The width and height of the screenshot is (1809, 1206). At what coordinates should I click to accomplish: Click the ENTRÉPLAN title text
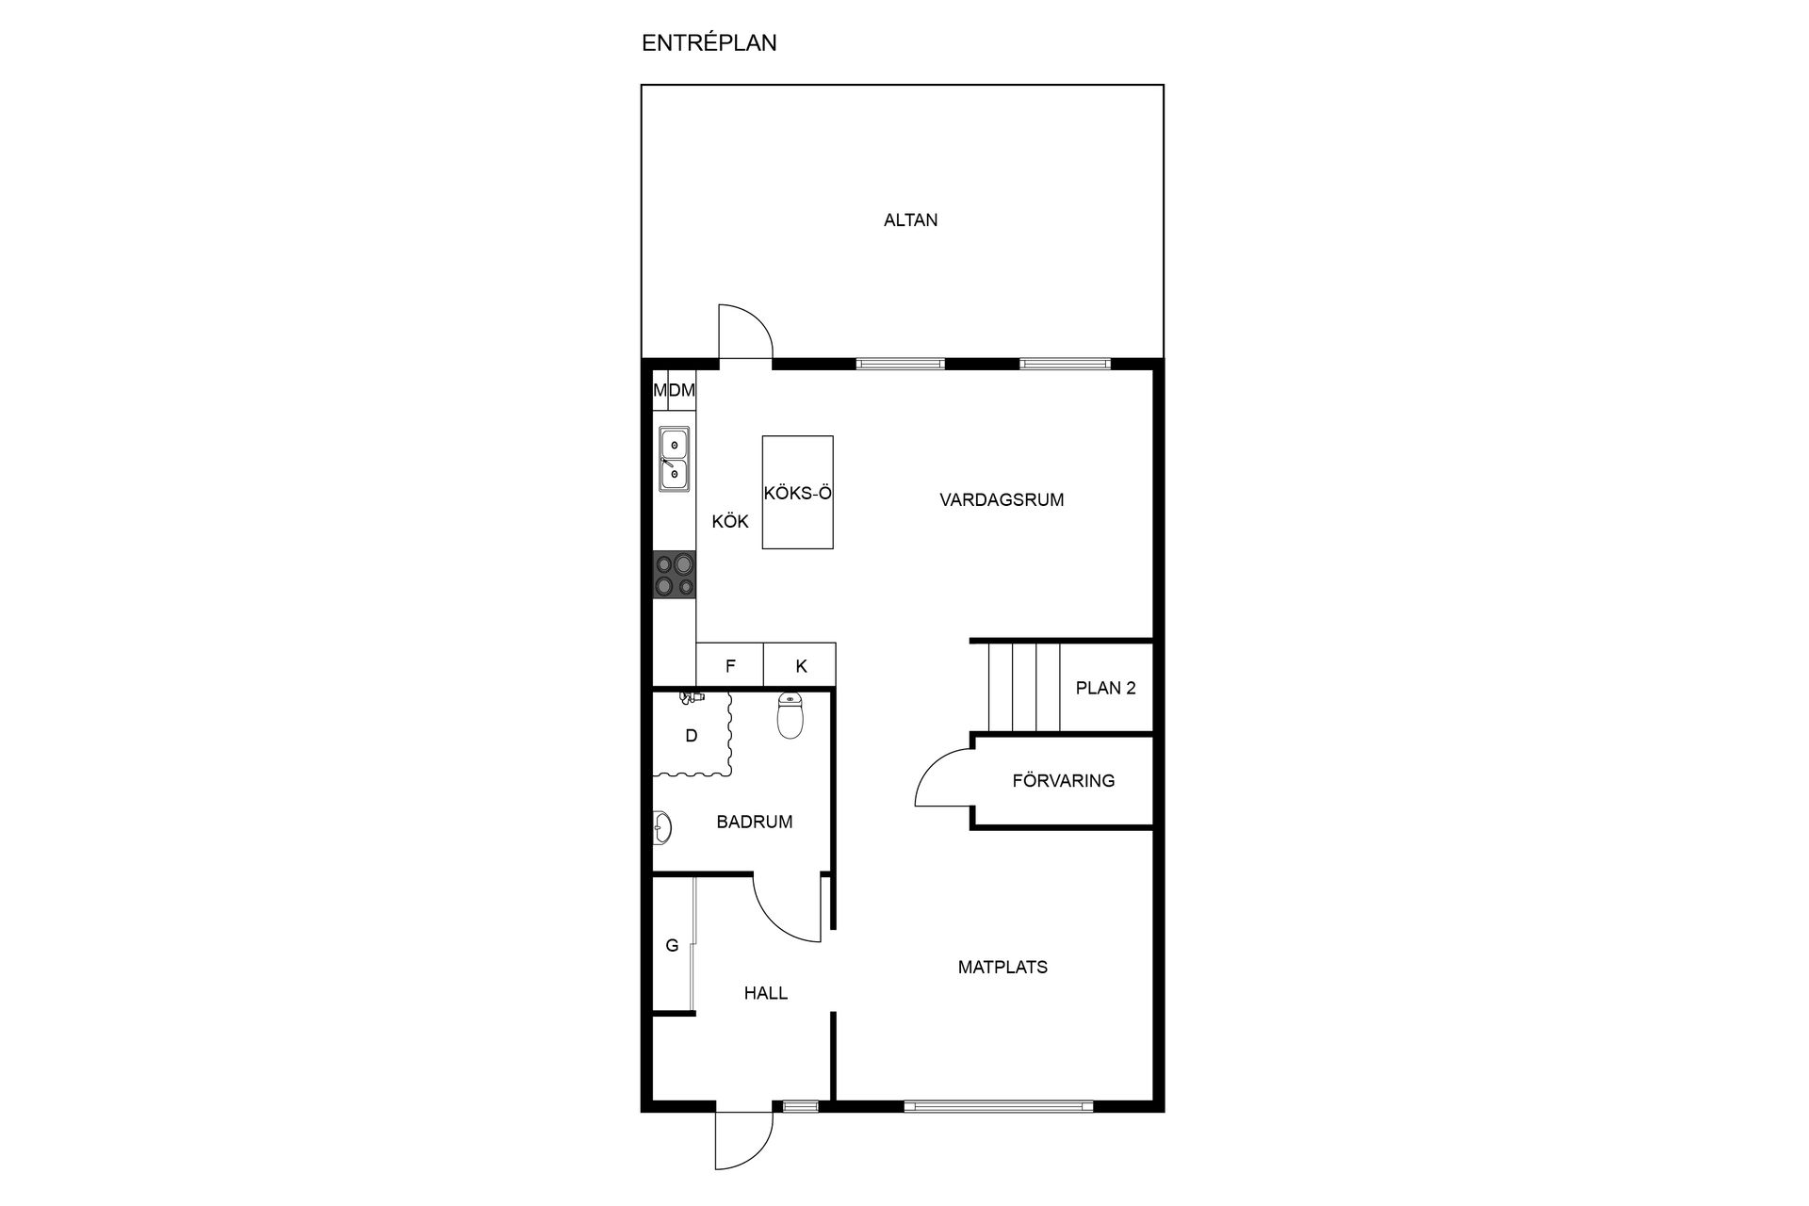coord(709,43)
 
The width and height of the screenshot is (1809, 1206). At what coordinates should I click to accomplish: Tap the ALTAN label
coord(910,220)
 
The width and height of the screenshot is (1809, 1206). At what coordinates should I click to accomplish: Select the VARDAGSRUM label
coord(1002,500)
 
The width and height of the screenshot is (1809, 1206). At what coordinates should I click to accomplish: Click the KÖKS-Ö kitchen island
coord(797,492)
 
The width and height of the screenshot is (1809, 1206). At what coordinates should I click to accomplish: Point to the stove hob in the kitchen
coord(675,575)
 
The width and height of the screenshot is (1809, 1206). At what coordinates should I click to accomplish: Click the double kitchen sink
coord(673,459)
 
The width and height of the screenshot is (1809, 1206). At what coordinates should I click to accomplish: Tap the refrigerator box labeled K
coord(800,665)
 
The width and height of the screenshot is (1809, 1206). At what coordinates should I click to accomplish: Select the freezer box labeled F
coord(730,665)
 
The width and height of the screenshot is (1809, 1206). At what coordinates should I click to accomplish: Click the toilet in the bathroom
coord(790,715)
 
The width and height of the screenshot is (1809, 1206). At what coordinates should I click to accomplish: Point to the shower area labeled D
coord(692,736)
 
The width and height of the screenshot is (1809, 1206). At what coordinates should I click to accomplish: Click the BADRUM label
coord(754,822)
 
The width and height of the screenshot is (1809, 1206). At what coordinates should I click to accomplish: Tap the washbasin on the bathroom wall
coord(661,827)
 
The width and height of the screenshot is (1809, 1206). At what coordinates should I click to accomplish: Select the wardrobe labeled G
coord(673,945)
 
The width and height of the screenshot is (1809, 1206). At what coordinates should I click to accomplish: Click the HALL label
coord(765,993)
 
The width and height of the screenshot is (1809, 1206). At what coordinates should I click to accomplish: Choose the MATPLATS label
coord(1002,967)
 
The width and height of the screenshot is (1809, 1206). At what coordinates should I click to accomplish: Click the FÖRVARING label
coord(1063,781)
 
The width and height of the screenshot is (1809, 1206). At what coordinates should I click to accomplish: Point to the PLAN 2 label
coord(1105,688)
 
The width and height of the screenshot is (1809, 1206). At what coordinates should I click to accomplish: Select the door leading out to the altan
coord(745,332)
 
